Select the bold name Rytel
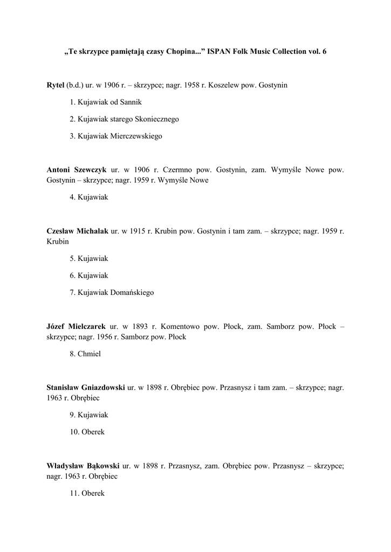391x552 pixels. (56, 85)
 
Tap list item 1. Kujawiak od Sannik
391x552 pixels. (106, 102)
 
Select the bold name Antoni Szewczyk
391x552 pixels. (77, 170)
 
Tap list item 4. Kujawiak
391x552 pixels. (89, 197)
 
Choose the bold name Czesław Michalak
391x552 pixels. (77, 231)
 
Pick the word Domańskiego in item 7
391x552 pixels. (133, 292)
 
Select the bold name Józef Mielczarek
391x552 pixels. (76, 326)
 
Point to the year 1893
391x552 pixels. (142, 326)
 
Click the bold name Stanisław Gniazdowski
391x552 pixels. (85, 388)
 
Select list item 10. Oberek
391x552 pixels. (87, 432)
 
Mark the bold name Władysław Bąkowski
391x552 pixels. (83, 465)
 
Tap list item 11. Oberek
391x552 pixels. (87, 493)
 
